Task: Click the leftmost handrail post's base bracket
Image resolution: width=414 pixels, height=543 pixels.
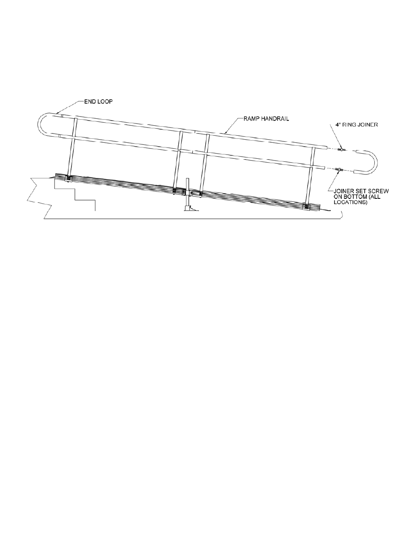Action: (69, 178)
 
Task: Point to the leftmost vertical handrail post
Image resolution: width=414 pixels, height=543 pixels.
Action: (72, 148)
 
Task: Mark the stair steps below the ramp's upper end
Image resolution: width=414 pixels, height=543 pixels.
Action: (76, 194)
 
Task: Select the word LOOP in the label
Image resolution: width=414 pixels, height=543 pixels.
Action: (106, 102)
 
